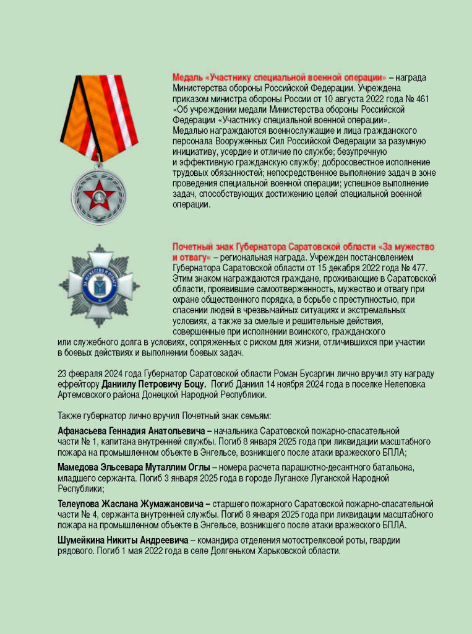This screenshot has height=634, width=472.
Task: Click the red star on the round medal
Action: click(x=99, y=197)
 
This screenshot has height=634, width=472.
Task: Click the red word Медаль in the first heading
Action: click(x=187, y=77)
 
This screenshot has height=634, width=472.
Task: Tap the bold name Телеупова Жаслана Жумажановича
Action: click(x=131, y=504)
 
